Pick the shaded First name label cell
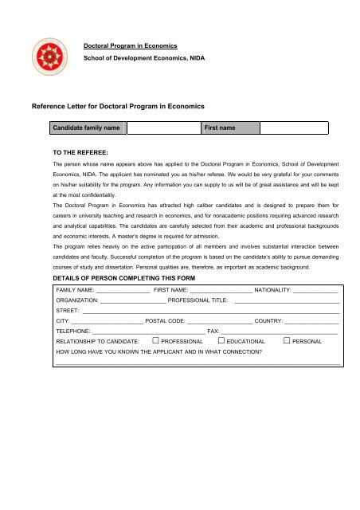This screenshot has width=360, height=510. pyautogui.click(x=229, y=127)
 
